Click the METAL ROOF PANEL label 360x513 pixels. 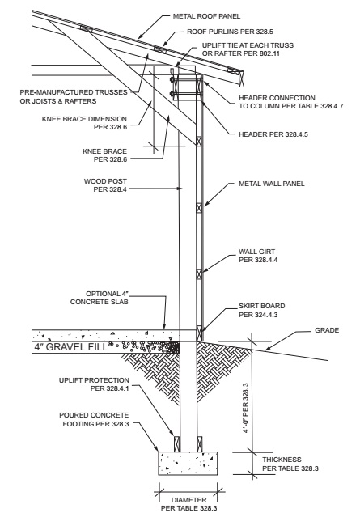click(x=206, y=16)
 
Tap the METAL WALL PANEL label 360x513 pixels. click(x=271, y=184)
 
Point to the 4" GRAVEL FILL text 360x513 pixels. click(x=71, y=347)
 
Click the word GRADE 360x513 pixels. click(x=327, y=330)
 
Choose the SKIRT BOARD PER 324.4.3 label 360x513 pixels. click(x=261, y=311)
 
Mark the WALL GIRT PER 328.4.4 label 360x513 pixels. click(x=258, y=256)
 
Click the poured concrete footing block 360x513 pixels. click(x=188, y=464)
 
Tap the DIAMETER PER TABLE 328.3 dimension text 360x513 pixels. click(x=188, y=504)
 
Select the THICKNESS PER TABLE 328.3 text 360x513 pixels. click(x=290, y=464)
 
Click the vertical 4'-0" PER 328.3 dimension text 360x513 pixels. click(x=246, y=408)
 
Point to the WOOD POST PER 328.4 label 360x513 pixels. click(x=105, y=185)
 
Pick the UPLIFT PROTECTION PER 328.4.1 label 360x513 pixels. click(x=94, y=384)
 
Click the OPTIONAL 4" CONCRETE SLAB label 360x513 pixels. click(x=99, y=298)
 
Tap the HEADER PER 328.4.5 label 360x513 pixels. click(x=273, y=134)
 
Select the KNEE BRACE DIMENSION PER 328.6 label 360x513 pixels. click(x=84, y=123)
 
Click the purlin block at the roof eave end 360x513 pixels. click(x=242, y=78)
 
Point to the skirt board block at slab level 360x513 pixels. click(x=199, y=333)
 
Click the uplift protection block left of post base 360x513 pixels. click(x=177, y=444)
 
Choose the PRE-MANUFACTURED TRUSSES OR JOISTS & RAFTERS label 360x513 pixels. click(x=74, y=97)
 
